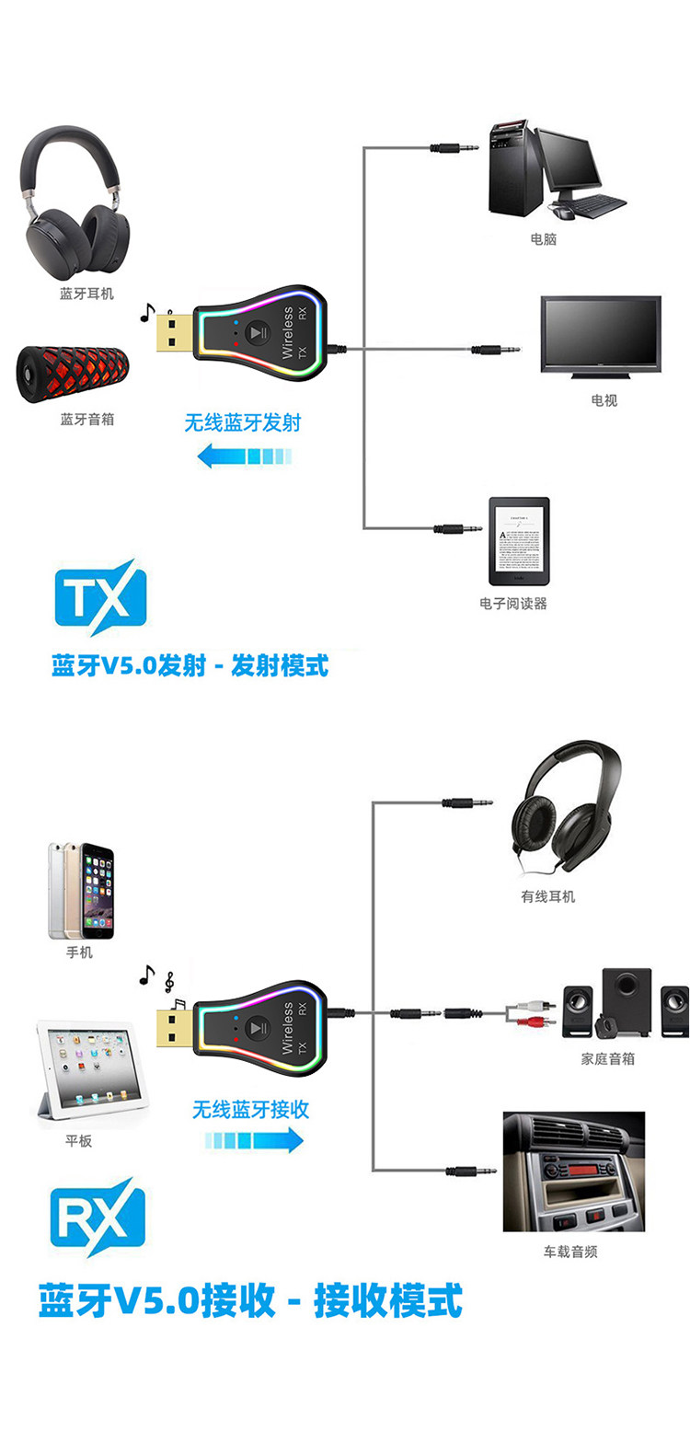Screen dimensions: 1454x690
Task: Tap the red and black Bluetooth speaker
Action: coord(74,375)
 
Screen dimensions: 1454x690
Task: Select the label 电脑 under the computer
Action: coord(544,239)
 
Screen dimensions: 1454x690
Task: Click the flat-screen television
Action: coord(601,336)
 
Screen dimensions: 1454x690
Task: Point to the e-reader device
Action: coord(519,542)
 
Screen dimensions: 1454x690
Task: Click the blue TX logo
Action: coord(100,597)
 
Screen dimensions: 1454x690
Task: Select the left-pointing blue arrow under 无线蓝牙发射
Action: coord(245,455)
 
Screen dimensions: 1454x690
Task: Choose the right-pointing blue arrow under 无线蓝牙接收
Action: coord(254,1140)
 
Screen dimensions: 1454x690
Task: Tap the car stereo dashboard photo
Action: coord(573,1171)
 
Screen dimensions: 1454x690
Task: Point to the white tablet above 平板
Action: coord(92,1073)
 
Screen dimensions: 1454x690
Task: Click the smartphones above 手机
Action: coord(81,891)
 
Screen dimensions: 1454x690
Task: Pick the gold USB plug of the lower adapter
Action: coord(175,1028)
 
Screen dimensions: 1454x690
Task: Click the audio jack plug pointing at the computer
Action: coord(456,147)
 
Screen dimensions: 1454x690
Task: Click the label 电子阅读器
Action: coord(513,604)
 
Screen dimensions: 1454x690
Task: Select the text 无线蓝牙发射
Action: coord(243,423)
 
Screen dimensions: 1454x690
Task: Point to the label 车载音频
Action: coord(570,1252)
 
